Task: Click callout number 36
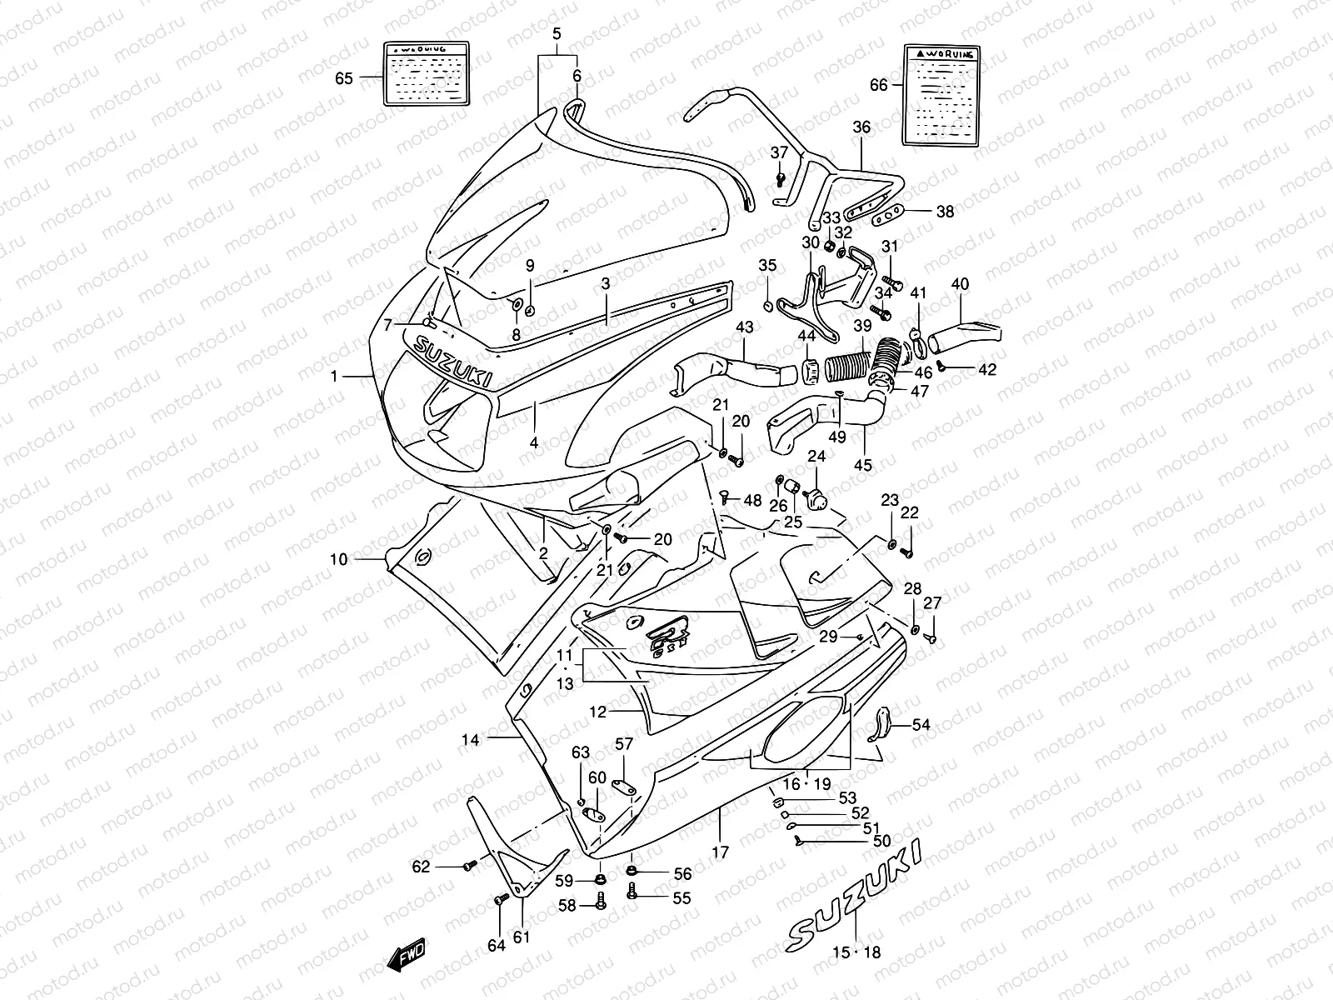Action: click(x=861, y=127)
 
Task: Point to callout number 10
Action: click(x=338, y=559)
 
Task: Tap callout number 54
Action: click(x=921, y=725)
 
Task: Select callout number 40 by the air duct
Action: click(x=960, y=284)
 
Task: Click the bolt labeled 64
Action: click(x=501, y=900)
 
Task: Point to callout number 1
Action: click(x=334, y=376)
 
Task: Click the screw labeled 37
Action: click(x=781, y=177)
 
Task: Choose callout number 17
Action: click(x=721, y=852)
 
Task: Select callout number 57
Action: click(x=624, y=743)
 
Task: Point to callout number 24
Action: click(x=816, y=457)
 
